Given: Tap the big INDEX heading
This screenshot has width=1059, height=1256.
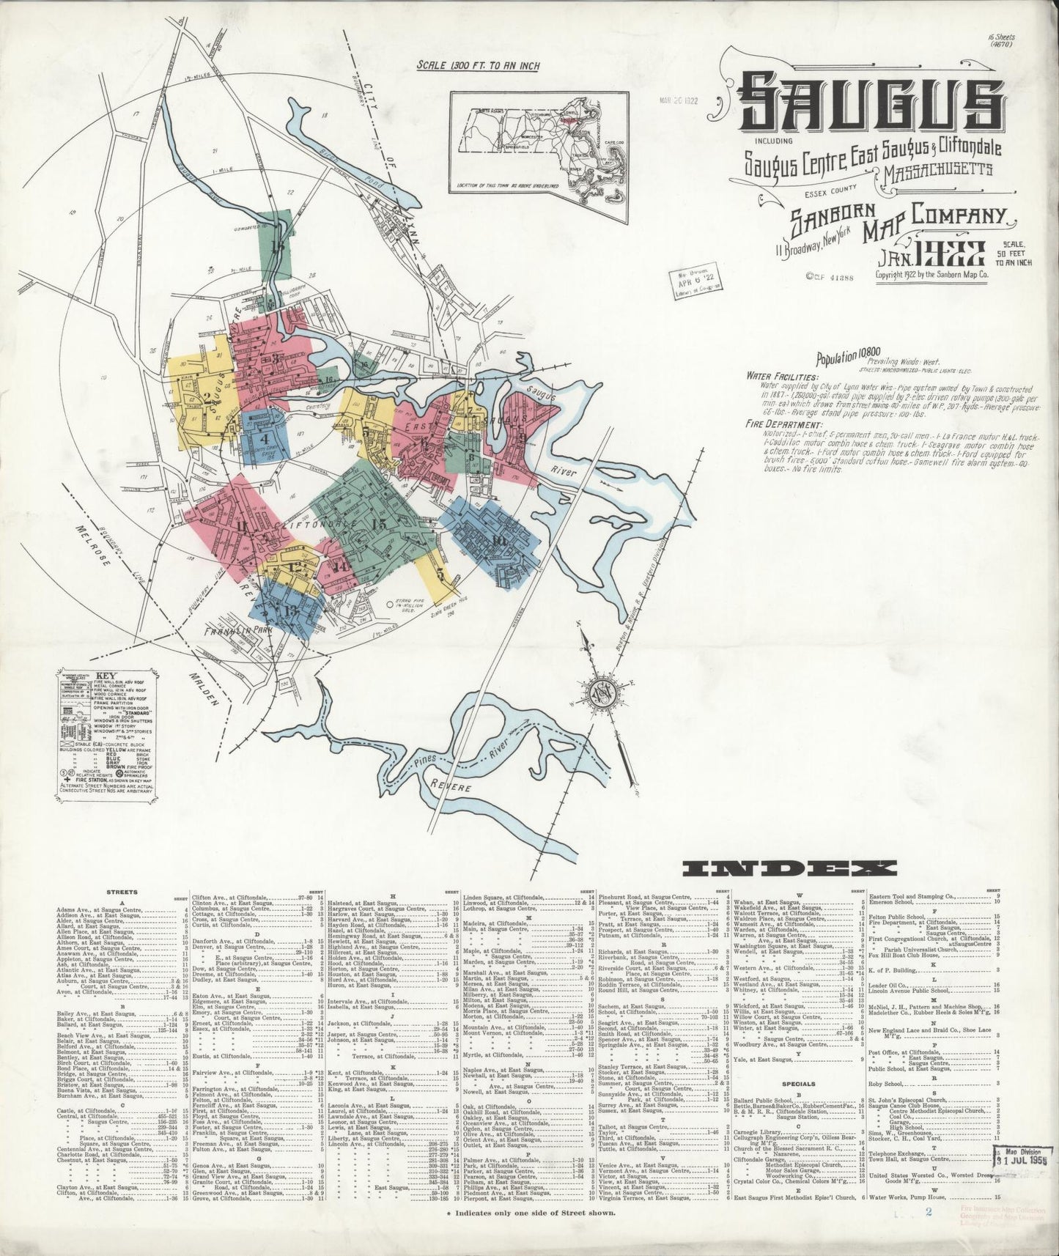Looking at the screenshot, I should pyautogui.click(x=789, y=870).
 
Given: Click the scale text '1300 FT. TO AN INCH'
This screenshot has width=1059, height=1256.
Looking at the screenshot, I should pyautogui.click(x=478, y=66).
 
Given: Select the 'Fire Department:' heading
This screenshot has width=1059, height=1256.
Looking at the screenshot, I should pyautogui.click(x=783, y=424).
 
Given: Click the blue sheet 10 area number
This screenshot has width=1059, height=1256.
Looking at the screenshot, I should pyautogui.click(x=500, y=541).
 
